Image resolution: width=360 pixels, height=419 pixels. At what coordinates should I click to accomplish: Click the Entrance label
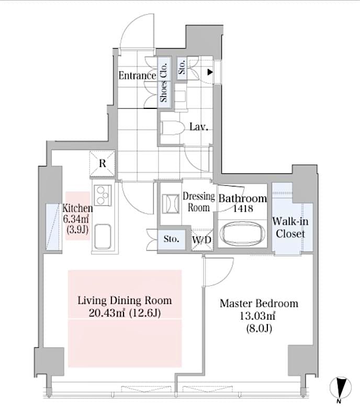137,75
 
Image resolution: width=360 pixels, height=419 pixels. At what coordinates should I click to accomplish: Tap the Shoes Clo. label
164,83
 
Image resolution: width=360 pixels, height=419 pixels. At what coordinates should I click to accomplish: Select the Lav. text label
199,127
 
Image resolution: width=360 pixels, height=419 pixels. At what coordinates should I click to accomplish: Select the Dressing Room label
199,202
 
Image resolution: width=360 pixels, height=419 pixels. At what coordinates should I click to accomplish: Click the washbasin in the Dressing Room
171,203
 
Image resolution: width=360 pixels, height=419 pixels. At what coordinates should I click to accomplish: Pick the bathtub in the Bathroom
242,234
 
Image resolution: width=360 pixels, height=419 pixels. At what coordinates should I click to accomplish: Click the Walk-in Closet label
290,227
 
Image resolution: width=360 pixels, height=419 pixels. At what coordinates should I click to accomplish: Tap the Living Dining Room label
125,301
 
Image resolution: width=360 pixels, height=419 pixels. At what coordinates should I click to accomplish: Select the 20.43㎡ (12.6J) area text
125,313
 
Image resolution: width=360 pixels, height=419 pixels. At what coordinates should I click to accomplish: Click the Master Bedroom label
258,304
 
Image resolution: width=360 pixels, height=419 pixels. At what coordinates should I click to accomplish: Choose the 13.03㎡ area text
258,316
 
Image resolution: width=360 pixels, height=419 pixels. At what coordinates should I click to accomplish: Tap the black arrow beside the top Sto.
210,72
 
